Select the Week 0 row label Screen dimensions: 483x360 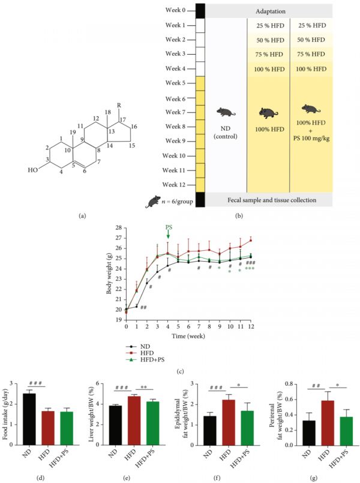coord(176,11)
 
